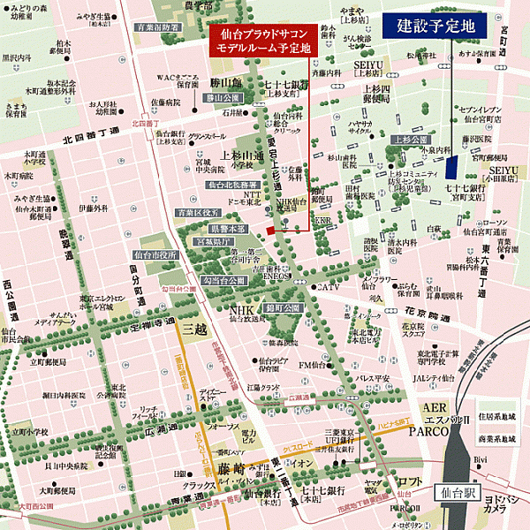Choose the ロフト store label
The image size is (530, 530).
(408, 481)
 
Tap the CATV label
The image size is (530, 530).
(329, 287)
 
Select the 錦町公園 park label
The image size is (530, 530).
(290, 307)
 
